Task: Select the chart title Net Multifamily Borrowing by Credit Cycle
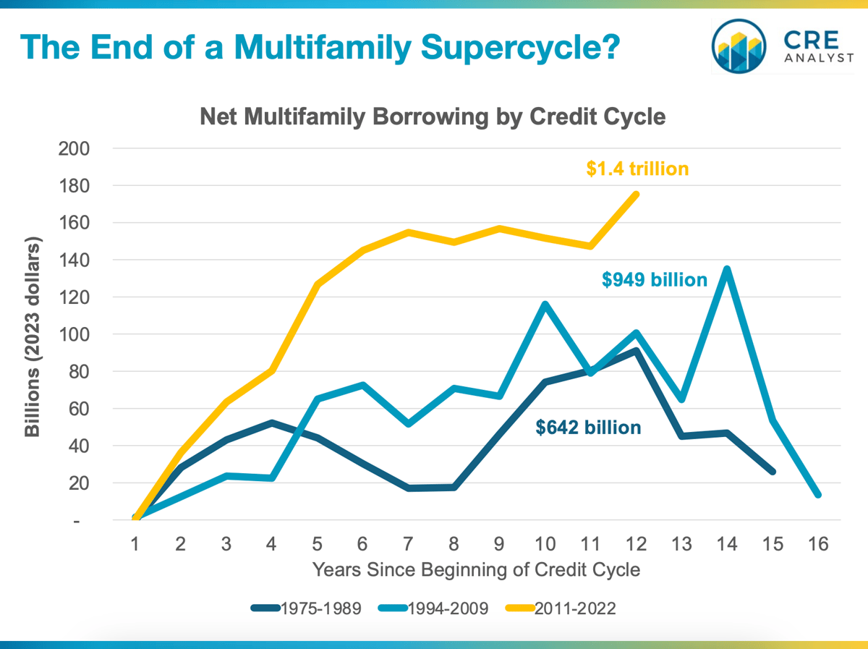tap(433, 116)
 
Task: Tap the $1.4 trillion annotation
tap(637, 169)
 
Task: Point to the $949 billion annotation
tap(654, 279)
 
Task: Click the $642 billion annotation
tap(588, 428)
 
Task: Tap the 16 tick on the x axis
tap(819, 543)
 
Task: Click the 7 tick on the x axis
tap(408, 543)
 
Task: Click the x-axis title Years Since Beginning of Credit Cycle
tap(476, 569)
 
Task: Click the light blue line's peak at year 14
tap(726, 269)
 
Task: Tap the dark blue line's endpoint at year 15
tap(773, 472)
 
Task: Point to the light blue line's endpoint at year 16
tap(818, 495)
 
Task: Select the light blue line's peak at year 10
tap(545, 304)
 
